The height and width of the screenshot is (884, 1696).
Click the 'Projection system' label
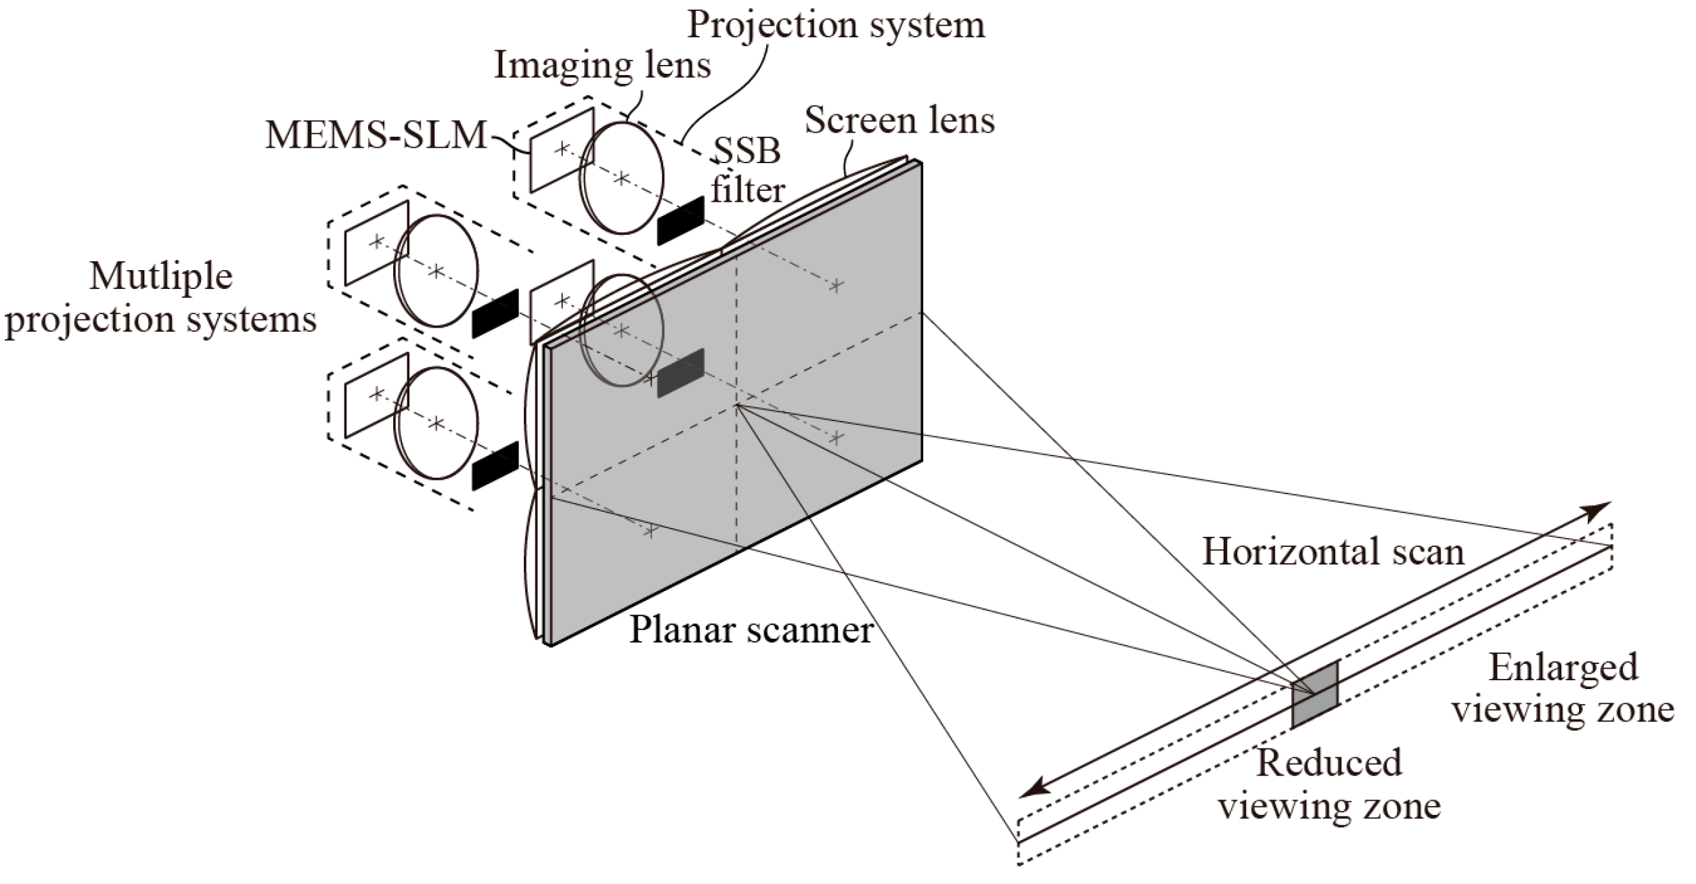point(836,26)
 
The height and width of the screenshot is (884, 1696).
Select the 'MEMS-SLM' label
point(376,135)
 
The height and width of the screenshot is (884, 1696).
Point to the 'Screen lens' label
point(899,121)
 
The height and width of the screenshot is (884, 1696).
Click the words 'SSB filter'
point(747,171)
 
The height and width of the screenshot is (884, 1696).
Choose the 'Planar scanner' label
point(751,629)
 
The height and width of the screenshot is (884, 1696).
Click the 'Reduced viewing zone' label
point(1329,785)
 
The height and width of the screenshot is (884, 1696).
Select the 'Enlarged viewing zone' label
point(1563,689)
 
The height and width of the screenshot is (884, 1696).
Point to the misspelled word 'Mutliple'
point(161,277)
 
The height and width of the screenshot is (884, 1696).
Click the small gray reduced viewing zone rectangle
point(1314,694)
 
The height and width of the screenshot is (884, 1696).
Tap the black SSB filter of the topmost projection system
point(681,222)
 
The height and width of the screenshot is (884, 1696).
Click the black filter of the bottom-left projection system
point(495,465)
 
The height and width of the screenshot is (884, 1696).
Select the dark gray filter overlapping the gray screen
point(681,373)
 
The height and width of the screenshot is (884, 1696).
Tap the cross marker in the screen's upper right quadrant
point(836,286)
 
